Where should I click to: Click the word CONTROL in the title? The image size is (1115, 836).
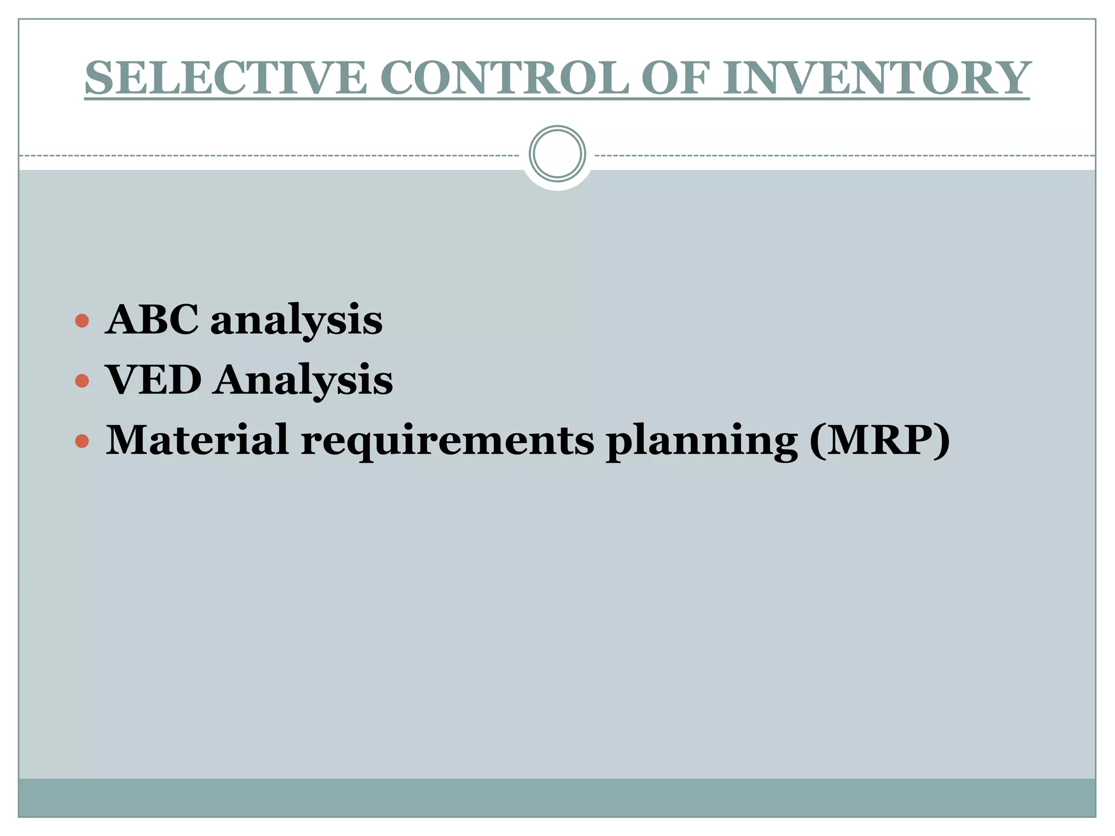click(x=507, y=78)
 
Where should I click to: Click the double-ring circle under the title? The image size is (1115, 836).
click(x=557, y=154)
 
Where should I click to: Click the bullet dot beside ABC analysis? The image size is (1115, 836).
click(x=82, y=321)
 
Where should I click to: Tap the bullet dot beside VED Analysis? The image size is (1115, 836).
click(x=82, y=380)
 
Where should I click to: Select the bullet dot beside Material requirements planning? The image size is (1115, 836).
click(x=82, y=440)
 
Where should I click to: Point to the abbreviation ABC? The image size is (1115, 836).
click(x=152, y=319)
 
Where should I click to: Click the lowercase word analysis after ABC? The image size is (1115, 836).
click(x=296, y=321)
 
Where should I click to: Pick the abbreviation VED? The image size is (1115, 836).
click(x=154, y=379)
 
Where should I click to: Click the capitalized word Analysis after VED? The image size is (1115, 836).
click(x=303, y=380)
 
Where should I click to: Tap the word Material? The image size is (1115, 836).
click(x=197, y=439)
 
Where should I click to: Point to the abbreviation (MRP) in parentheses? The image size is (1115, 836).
click(x=879, y=440)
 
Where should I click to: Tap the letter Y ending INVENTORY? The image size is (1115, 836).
click(x=1010, y=78)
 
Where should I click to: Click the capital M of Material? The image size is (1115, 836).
click(x=128, y=439)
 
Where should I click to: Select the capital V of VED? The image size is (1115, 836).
click(x=122, y=379)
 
